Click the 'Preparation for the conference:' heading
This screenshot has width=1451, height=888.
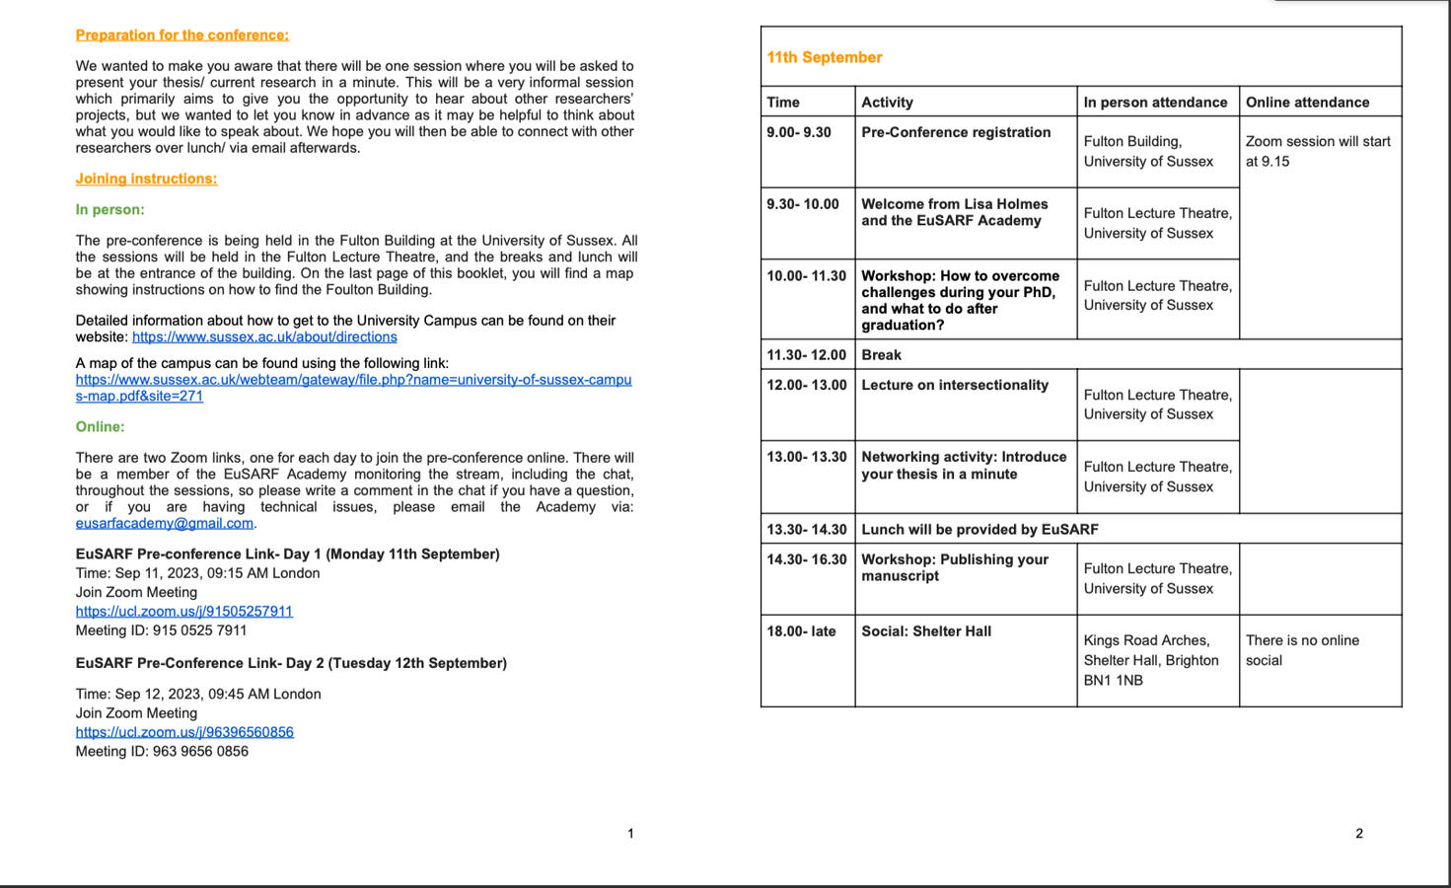[181, 36]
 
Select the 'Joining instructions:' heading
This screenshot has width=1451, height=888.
[146, 179]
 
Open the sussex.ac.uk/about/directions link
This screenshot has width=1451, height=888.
[264, 337]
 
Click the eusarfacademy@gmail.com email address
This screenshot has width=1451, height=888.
[165, 523]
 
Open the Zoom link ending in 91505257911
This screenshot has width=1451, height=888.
[184, 611]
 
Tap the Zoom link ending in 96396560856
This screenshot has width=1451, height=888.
[184, 732]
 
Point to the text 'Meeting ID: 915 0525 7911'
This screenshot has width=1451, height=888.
[161, 630]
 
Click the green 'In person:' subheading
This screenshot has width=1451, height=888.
[109, 210]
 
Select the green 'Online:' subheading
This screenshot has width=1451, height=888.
[100, 427]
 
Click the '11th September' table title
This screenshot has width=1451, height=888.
[825, 57]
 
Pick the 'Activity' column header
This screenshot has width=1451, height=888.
[887, 102]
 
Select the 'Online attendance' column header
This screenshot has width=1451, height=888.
[1307, 102]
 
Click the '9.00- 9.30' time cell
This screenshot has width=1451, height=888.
[799, 132]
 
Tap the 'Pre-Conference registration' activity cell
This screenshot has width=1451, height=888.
[956, 132]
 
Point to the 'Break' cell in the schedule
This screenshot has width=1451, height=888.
[881, 355]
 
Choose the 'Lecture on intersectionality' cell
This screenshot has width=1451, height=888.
[955, 385]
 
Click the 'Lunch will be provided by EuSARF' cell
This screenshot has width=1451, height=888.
[979, 529]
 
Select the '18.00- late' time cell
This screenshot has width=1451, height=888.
[801, 631]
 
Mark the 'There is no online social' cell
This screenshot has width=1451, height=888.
[1302, 650]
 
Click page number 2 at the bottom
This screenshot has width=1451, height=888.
[1358, 834]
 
